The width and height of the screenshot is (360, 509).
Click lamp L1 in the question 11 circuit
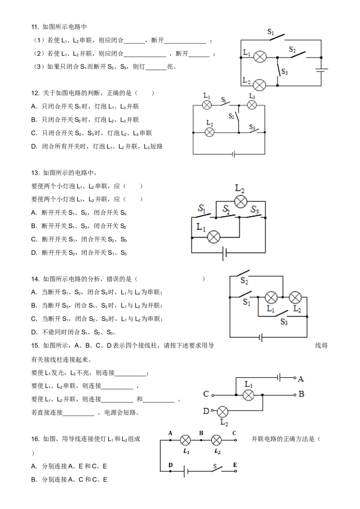[260, 57]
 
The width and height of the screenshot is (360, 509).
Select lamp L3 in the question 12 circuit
[252, 105]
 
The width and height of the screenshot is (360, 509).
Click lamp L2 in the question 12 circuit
[210, 132]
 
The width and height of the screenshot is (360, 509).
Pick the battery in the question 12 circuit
[234, 154]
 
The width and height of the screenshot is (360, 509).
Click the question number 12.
[35, 93]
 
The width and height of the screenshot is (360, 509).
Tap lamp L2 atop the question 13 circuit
[240, 201]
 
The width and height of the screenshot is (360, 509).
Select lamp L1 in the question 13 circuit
[213, 237]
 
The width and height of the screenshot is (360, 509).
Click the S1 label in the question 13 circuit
[202, 208]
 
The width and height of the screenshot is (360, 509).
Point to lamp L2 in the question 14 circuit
[295, 297]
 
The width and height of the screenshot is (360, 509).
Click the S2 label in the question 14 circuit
[244, 281]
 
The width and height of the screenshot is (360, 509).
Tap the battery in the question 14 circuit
[261, 338]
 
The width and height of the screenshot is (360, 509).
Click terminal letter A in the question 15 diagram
[301, 379]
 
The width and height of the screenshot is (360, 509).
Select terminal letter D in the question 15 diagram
[206, 411]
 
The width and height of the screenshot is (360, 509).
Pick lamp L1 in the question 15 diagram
[248, 395]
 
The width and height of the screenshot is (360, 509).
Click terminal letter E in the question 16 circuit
[234, 465]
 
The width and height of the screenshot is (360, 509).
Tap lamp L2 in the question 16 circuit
[216, 440]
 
